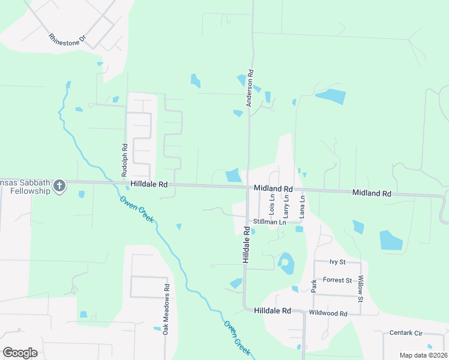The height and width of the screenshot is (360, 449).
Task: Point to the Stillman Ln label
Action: pyautogui.click(x=270, y=222)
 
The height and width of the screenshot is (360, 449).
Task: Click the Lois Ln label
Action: pyautogui.click(x=271, y=205)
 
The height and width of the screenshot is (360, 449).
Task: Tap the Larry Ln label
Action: pyautogui.click(x=286, y=205)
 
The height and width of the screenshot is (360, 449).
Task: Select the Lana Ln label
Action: pyautogui.click(x=302, y=205)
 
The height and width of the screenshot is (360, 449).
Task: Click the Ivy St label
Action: pyautogui.click(x=338, y=262)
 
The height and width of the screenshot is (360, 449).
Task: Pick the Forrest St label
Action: pyautogui.click(x=337, y=280)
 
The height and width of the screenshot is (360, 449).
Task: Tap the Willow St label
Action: pyautogui.click(x=361, y=288)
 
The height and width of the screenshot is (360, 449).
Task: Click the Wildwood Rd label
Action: pyautogui.click(x=328, y=313)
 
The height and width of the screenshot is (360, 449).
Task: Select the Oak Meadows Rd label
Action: pyautogui.click(x=166, y=308)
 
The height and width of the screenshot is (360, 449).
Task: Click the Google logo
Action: pyautogui.click(x=20, y=353)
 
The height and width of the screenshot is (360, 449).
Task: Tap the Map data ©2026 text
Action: pyautogui.click(x=423, y=355)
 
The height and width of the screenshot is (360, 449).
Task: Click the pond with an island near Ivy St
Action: pyautogui.click(x=286, y=263)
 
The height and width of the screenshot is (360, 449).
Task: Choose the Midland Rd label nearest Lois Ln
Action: pyautogui.click(x=273, y=188)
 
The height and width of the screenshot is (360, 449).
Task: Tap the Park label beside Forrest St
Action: pyautogui.click(x=313, y=285)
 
